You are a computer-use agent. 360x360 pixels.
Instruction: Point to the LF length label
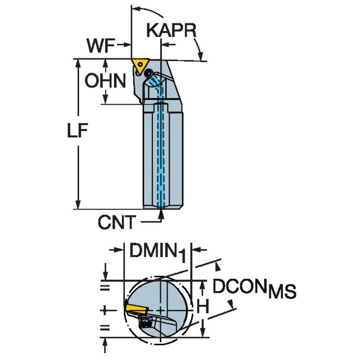point(77,132)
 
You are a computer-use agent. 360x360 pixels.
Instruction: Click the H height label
point(203,306)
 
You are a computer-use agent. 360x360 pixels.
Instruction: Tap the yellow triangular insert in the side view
point(139,64)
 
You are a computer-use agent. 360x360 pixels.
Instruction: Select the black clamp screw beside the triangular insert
point(148,74)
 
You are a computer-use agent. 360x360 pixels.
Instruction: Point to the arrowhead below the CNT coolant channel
point(161,215)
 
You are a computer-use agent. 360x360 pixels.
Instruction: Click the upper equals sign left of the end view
point(105,288)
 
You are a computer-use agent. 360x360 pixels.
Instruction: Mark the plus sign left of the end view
point(105,310)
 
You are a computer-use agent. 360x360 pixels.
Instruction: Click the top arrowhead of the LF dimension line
point(78,63)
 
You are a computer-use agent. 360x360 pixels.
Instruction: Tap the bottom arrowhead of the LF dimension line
point(78,204)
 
